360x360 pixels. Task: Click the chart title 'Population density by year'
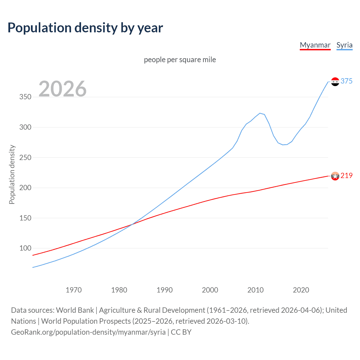(85, 28)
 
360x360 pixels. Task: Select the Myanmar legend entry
(315, 45)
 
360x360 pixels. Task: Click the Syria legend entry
(344, 45)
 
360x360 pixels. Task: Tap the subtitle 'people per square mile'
(180, 60)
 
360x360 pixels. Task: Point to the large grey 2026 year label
(62, 89)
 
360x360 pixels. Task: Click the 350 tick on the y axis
(25, 97)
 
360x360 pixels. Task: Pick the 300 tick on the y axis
(25, 127)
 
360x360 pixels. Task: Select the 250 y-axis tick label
(25, 157)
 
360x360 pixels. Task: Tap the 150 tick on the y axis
(25, 218)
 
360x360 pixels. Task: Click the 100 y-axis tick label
(25, 248)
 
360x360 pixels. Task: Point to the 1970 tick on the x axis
(74, 290)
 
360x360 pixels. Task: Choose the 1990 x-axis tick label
(165, 290)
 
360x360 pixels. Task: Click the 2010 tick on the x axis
(255, 290)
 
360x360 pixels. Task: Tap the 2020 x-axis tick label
(301, 290)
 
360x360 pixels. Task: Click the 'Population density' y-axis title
(12, 174)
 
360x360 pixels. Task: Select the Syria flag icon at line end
(335, 82)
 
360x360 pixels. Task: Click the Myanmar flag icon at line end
(335, 176)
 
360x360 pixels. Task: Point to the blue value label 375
(346, 81)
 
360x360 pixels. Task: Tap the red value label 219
(346, 175)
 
